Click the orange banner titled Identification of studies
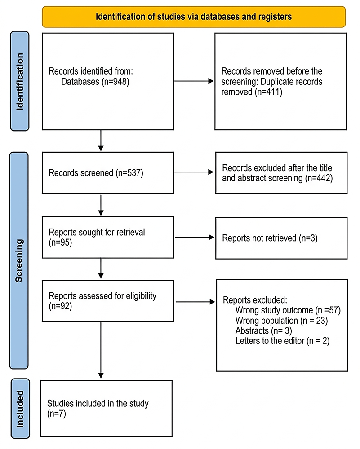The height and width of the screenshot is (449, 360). tap(194, 17)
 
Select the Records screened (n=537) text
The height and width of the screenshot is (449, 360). tap(95, 172)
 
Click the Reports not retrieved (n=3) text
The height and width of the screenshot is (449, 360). tap(270, 238)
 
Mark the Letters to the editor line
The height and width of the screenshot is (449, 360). tap(282, 342)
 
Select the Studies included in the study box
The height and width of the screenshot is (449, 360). tap(107, 409)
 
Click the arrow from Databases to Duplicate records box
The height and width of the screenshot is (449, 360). tap(194, 81)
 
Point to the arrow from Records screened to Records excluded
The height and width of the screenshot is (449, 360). tap(194, 172)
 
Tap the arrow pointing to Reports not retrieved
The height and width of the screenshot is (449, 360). tap(194, 238)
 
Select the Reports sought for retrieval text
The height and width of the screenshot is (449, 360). tap(97, 233)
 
